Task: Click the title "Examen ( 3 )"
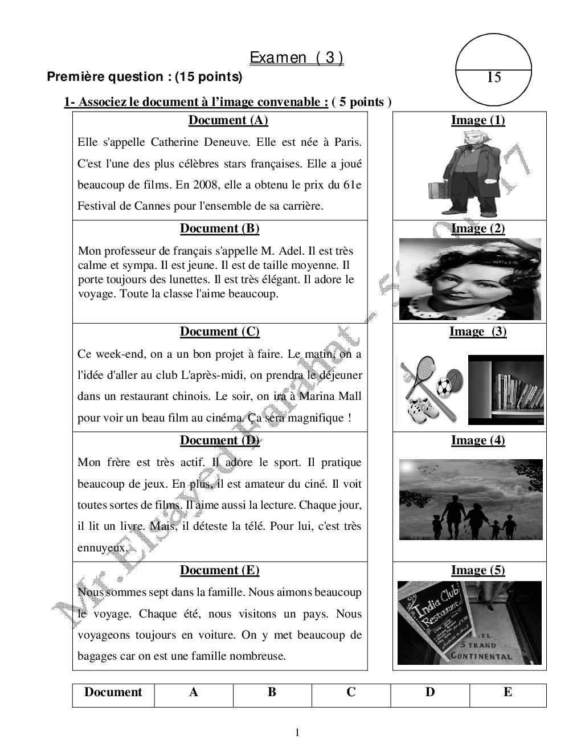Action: (x=296, y=58)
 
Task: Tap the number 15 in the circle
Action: (x=494, y=77)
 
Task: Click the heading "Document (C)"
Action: (x=219, y=332)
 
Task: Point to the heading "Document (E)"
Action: (x=219, y=570)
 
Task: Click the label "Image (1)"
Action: (x=478, y=120)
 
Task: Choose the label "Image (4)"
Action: (x=478, y=440)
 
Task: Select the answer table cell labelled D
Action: (x=430, y=692)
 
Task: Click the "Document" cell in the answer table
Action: (x=113, y=692)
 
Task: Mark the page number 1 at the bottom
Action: (x=297, y=733)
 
